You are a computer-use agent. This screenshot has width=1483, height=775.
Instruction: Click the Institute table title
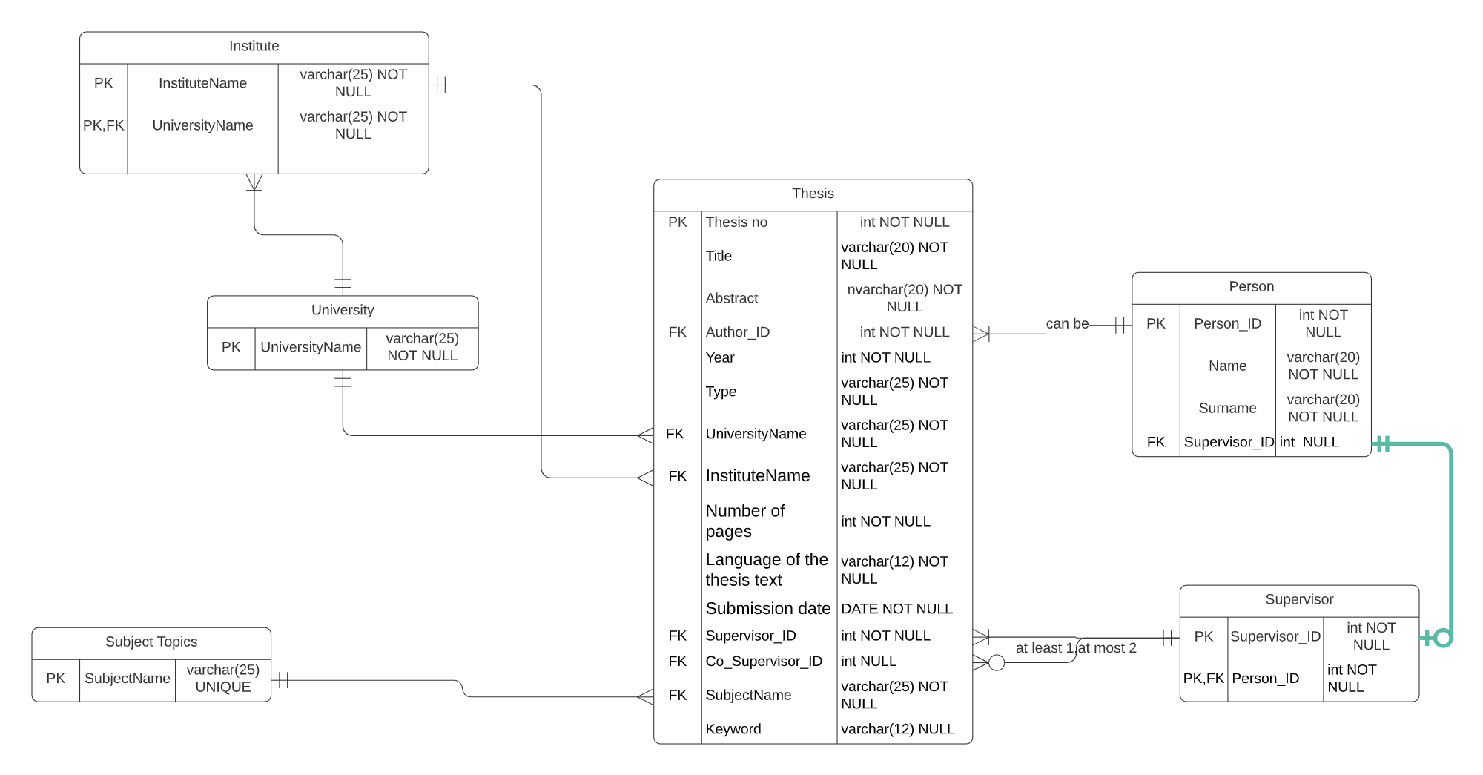[x=254, y=46]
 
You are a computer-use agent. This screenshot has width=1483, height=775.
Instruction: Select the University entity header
[x=342, y=310]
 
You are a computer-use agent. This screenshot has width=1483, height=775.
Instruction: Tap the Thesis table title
[x=813, y=194]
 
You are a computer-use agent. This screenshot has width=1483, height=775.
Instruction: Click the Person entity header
[x=1251, y=287]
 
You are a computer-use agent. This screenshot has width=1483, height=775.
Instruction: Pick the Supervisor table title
[x=1299, y=599]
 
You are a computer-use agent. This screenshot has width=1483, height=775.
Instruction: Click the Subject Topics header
[x=151, y=642]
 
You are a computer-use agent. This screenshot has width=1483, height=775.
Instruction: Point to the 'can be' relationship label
[x=1067, y=324]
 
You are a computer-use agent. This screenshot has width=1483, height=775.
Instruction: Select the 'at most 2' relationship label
[x=1107, y=648]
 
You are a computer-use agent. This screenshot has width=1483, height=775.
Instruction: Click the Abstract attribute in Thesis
[x=732, y=298]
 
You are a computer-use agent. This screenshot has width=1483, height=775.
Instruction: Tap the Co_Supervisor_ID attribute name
[x=764, y=661]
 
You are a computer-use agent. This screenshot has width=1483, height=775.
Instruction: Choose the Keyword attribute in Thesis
[x=733, y=729]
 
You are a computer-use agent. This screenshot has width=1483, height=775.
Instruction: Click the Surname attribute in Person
[x=1227, y=408]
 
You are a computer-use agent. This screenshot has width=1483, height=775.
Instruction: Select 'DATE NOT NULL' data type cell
[x=896, y=609]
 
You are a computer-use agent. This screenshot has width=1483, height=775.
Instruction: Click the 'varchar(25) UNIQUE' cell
[x=222, y=678]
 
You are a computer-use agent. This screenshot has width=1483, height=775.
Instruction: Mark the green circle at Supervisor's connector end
[x=1442, y=638]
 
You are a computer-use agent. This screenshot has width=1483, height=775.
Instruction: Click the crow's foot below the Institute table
[x=254, y=182]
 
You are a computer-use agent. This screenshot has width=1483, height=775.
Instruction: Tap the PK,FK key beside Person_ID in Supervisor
[x=1203, y=678]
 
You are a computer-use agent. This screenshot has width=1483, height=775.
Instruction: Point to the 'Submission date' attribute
[x=767, y=609]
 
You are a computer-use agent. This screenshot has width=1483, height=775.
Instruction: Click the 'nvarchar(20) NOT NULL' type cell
[x=904, y=298]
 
